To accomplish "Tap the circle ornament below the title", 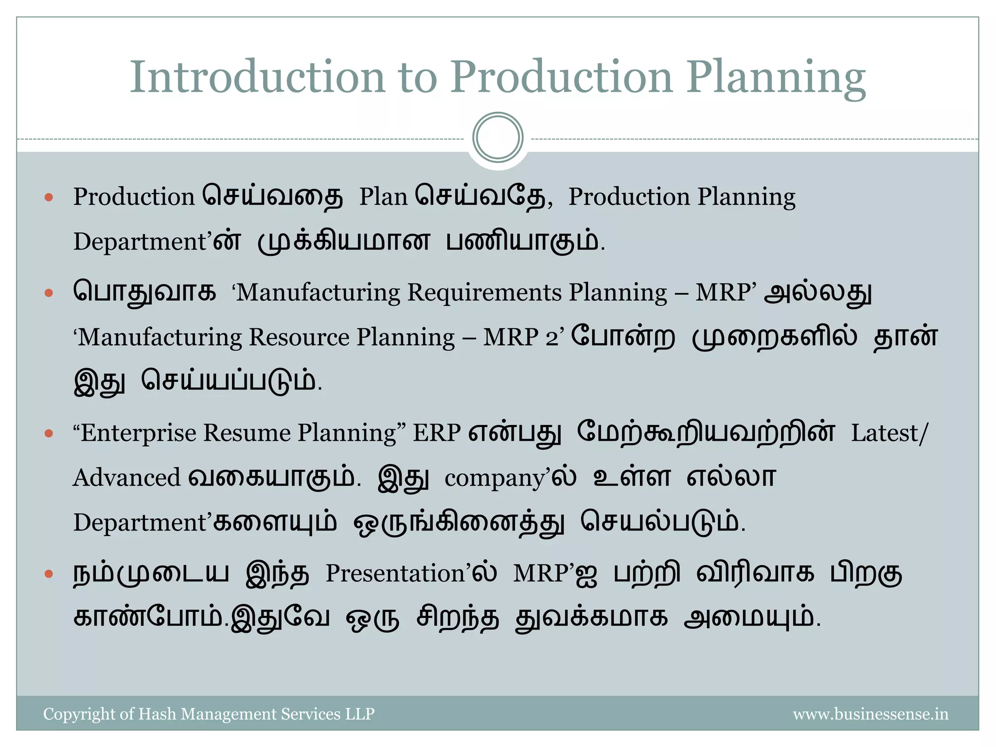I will [x=498, y=138].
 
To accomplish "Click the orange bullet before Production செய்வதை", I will [x=49, y=197].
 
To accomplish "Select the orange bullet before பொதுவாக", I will [x=49, y=293].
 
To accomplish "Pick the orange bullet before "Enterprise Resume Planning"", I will [x=49, y=433].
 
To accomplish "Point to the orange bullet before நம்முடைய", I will [x=49, y=574].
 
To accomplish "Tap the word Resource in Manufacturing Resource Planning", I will [x=299, y=338].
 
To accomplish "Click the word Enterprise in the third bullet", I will [x=138, y=433].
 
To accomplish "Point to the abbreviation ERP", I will [x=437, y=433].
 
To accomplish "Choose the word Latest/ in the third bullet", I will [x=889, y=433].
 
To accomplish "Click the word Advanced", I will [x=127, y=478].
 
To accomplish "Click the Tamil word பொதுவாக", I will [x=144, y=293].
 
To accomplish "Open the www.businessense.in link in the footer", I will [x=871, y=714].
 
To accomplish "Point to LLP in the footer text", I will [x=360, y=714].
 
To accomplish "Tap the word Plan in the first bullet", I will [x=383, y=197].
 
